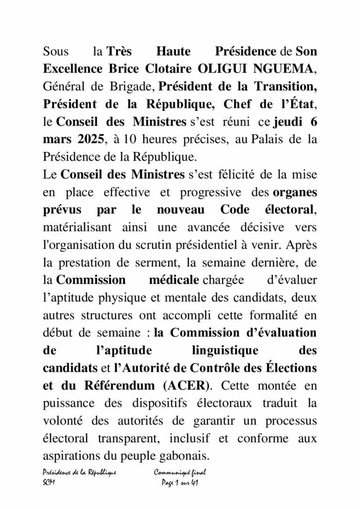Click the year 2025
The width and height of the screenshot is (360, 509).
tap(90, 140)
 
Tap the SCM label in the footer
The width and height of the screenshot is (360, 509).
tap(49, 484)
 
